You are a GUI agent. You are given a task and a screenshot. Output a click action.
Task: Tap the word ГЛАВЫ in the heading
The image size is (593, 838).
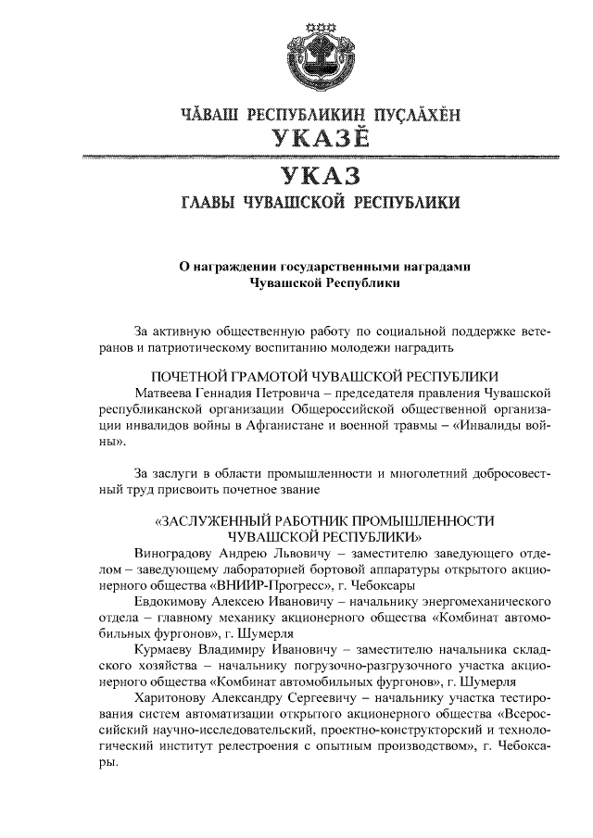[x=207, y=202]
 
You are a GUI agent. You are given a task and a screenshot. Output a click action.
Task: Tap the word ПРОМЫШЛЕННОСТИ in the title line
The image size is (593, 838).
[x=423, y=520]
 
